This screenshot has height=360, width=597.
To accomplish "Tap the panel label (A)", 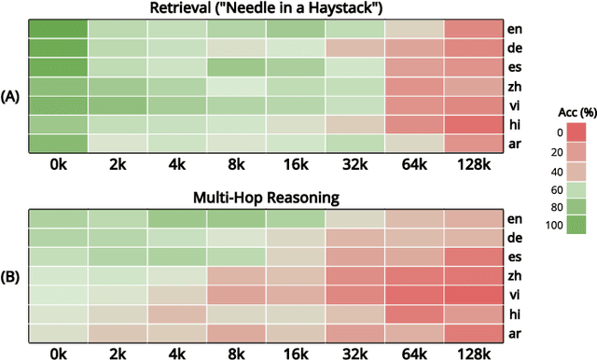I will click(12, 96).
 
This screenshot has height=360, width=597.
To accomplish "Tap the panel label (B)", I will click(12, 277).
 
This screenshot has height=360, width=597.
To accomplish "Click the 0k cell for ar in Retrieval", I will click(57, 143).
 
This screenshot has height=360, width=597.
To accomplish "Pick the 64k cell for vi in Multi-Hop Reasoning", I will click(415, 296).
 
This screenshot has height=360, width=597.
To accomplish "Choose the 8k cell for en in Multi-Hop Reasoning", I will click(236, 220).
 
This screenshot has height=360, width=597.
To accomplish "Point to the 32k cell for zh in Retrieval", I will click(355, 86).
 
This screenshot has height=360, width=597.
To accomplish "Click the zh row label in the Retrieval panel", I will click(515, 86).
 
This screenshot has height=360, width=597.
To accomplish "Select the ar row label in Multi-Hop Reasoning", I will click(515, 334).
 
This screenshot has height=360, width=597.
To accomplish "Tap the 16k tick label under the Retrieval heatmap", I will click(296, 166).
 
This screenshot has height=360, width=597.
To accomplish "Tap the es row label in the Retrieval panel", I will click(515, 67).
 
